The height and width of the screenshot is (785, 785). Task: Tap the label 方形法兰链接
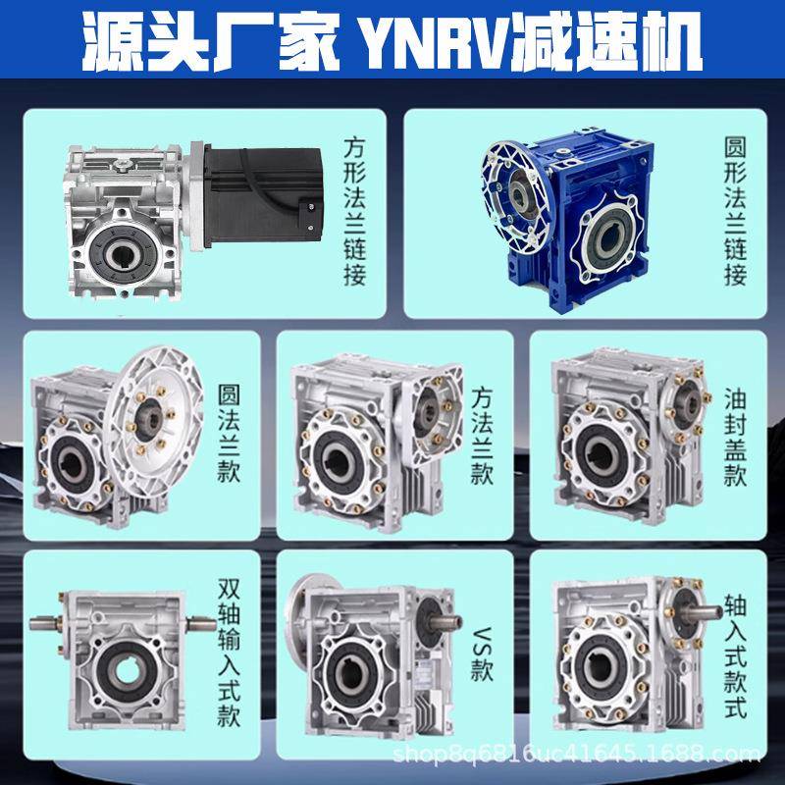tap(355, 210)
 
